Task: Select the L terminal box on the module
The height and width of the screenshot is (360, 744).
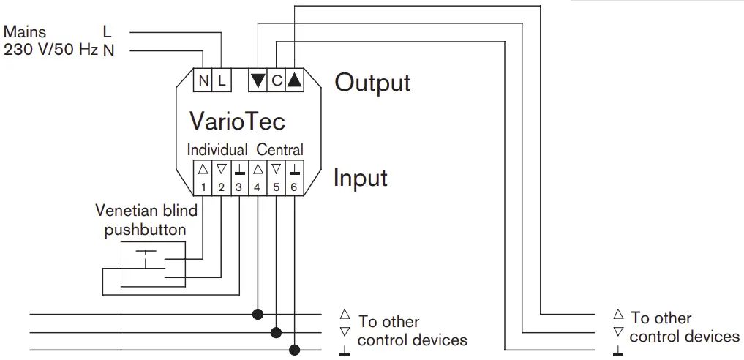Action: (222, 80)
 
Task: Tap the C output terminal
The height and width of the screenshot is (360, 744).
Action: (277, 80)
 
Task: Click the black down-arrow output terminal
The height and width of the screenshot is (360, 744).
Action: (258, 80)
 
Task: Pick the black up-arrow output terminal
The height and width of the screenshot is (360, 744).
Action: (294, 80)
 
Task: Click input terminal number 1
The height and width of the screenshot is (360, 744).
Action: (203, 178)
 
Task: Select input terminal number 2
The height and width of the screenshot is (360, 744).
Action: (221, 178)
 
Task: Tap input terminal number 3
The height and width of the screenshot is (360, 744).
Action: (239, 178)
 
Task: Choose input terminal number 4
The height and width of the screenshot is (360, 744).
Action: (258, 178)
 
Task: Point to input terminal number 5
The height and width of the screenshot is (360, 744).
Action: (276, 178)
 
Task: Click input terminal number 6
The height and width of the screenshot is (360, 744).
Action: (294, 178)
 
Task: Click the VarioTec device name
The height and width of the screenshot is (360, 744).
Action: (237, 120)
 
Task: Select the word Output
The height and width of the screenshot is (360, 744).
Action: (372, 83)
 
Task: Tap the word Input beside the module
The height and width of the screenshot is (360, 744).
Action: (360, 178)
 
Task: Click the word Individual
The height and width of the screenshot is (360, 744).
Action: (217, 150)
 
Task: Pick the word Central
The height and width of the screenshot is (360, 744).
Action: (279, 150)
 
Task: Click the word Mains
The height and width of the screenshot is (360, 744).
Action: (25, 32)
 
